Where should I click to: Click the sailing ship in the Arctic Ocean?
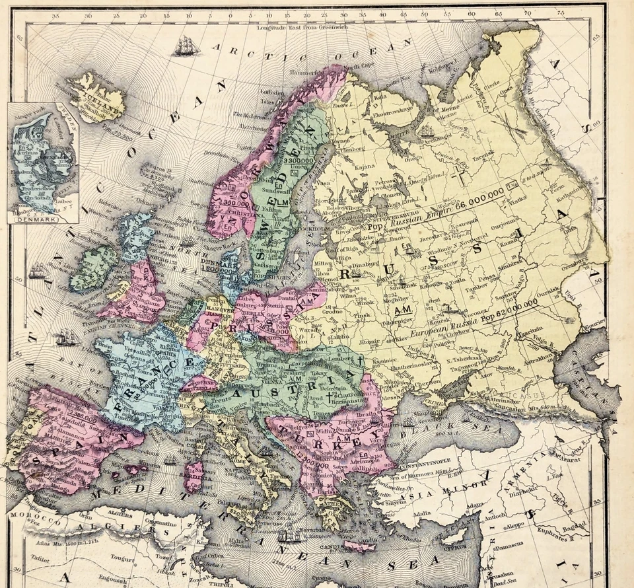pyautogui.click(x=186, y=46)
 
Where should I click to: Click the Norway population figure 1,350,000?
pyautogui.click(x=236, y=202)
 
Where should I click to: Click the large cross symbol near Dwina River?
pyautogui.click(x=460, y=177)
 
